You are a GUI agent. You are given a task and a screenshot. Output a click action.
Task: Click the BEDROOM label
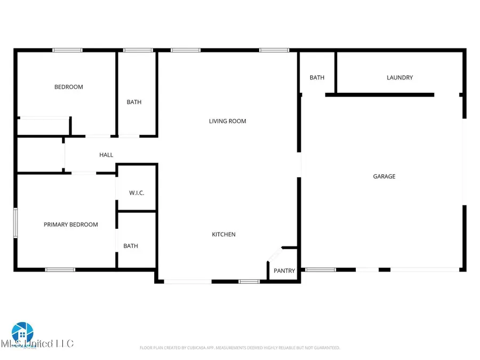(x=69, y=87)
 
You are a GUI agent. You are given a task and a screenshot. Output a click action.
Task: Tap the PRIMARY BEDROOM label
(x=71, y=225)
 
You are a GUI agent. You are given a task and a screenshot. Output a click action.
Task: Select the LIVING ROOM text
(x=227, y=121)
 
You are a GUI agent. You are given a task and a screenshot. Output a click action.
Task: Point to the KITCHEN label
(x=224, y=235)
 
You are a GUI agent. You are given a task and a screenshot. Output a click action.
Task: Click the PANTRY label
(x=284, y=271)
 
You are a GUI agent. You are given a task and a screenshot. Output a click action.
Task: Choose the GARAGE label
(x=384, y=177)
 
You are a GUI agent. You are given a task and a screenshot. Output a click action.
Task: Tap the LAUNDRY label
(x=399, y=77)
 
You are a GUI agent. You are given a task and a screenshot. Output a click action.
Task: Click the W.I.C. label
(x=137, y=193)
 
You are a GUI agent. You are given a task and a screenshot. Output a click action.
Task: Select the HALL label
(x=106, y=155)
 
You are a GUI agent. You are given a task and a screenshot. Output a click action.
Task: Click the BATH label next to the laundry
(x=317, y=77)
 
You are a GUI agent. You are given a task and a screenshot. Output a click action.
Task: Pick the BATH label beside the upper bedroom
(x=134, y=102)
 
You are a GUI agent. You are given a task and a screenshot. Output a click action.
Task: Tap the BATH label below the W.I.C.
(x=131, y=246)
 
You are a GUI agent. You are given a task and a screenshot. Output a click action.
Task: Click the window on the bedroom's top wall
(x=67, y=51)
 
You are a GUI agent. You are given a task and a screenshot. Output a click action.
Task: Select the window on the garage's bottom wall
(x=321, y=270)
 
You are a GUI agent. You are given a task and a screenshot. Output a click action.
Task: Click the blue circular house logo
(x=22, y=333)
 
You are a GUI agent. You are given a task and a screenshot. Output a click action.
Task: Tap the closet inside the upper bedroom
(x=43, y=127)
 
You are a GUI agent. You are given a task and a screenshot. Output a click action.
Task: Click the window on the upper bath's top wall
(x=138, y=51)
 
